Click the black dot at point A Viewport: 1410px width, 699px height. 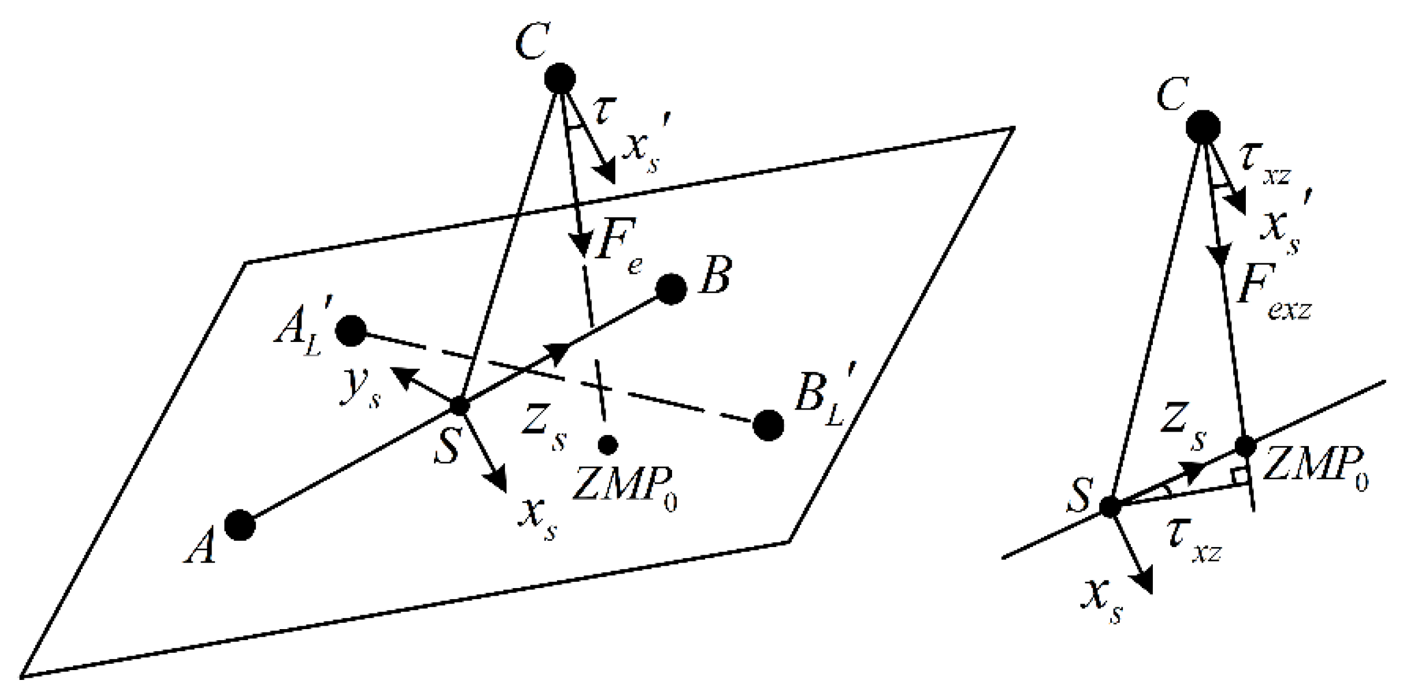tap(240, 525)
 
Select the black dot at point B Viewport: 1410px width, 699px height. tap(671, 289)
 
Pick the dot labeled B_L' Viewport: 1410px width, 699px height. tap(769, 426)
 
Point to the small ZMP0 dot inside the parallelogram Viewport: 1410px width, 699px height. tap(607, 444)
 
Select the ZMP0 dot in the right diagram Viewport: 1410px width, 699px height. tap(1245, 446)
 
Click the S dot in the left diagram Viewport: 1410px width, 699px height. tap(459, 406)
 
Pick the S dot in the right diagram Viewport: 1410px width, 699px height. tap(1109, 507)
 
